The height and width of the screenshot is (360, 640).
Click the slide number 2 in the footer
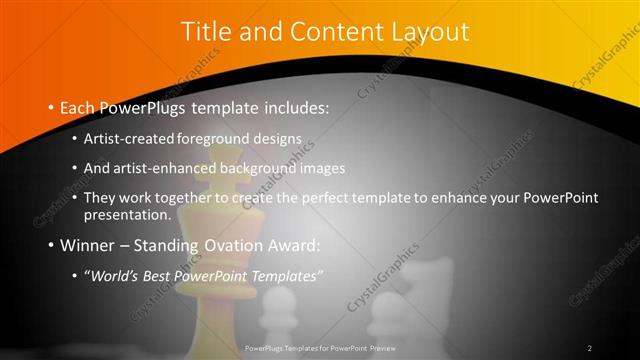(589, 348)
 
